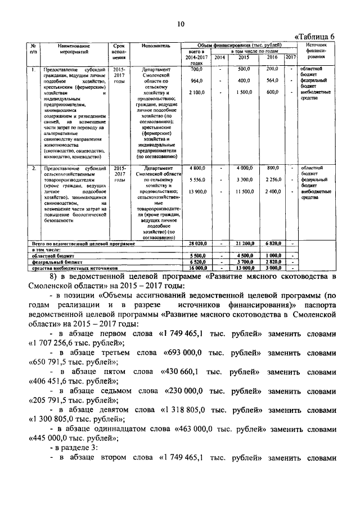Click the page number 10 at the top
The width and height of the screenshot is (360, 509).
[x=181, y=23]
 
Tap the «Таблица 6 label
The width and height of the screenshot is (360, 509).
[x=314, y=36]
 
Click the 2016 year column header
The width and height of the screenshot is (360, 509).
[x=272, y=57]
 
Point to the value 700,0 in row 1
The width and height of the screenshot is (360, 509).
[x=196, y=69]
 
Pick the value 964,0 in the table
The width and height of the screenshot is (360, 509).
[x=196, y=80]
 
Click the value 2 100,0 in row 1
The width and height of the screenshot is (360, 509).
[x=197, y=92]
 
